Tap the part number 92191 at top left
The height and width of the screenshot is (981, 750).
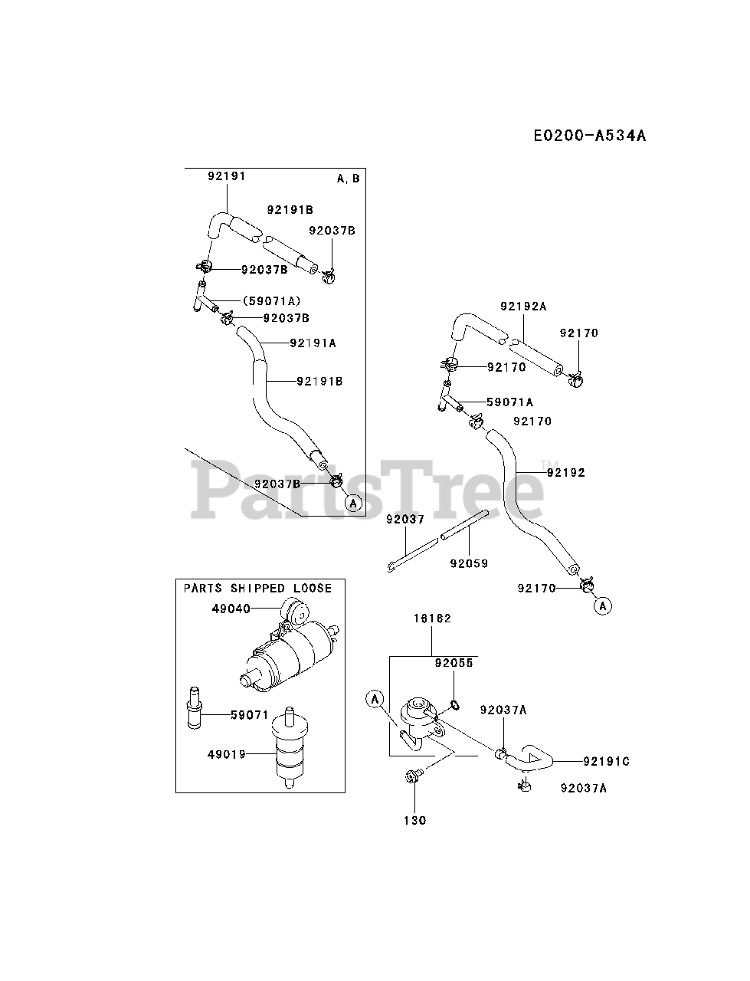click(226, 176)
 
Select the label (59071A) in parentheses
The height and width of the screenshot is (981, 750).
click(271, 301)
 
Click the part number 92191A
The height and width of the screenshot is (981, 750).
click(313, 343)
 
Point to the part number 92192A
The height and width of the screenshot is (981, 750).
click(523, 307)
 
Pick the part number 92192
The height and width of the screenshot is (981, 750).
click(565, 473)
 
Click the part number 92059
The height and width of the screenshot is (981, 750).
click(469, 563)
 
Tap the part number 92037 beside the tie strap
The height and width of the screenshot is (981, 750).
click(405, 520)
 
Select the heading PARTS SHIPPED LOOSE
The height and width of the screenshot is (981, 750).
click(257, 589)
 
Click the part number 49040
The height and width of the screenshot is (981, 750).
click(231, 609)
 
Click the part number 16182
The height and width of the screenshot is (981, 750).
click(432, 618)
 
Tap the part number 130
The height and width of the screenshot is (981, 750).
click(414, 821)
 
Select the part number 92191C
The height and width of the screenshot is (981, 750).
click(606, 762)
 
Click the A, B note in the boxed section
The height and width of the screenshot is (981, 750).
click(348, 179)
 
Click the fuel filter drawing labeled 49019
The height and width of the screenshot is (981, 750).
click(289, 748)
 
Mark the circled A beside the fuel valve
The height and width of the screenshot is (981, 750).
click(375, 698)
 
